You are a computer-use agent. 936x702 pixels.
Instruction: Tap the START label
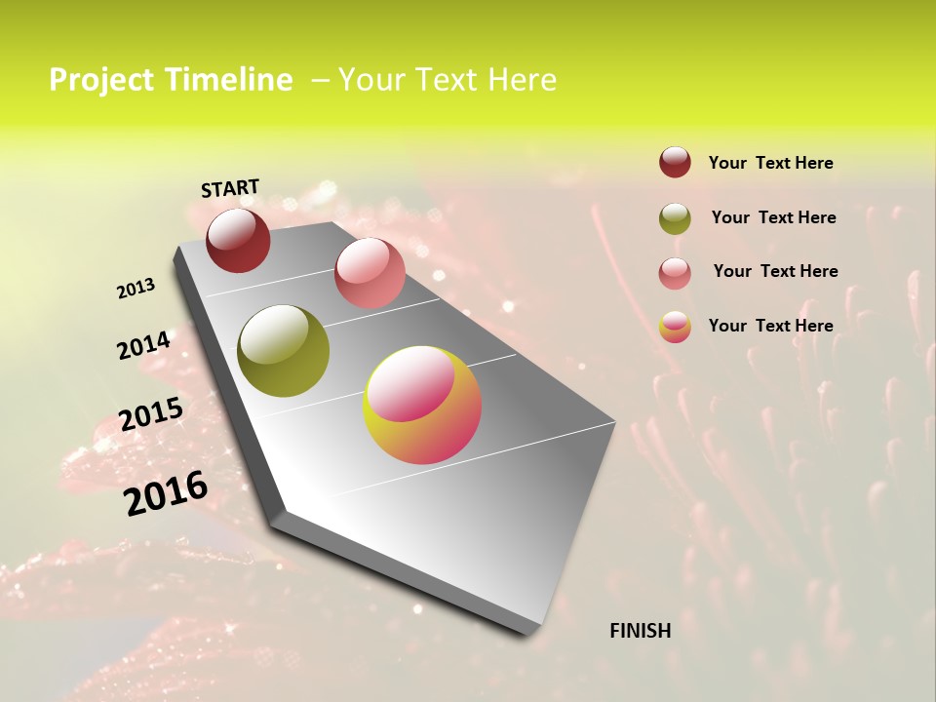tap(230, 188)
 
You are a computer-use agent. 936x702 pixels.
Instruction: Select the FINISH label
tap(641, 631)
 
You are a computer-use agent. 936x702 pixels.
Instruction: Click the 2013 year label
tap(136, 288)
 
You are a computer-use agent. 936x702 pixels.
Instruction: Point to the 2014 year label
tap(144, 345)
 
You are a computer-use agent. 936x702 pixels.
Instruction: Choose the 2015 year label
tap(151, 414)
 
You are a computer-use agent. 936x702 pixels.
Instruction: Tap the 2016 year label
tap(166, 492)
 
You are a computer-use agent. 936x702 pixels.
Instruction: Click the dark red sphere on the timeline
tap(238, 240)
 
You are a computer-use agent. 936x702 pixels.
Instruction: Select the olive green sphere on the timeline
tap(283, 351)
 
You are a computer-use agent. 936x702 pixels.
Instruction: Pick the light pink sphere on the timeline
tap(370, 273)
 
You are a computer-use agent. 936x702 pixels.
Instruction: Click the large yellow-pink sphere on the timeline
tap(422, 405)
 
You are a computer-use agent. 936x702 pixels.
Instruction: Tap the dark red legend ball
tap(675, 162)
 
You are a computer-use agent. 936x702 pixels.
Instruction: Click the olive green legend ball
tap(675, 218)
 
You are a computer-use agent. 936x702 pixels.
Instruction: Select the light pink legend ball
tap(675, 273)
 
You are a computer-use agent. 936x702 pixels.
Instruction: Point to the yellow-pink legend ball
tap(675, 327)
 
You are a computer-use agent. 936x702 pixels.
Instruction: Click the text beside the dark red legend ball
tap(770, 163)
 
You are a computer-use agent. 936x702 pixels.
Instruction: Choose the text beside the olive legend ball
tap(773, 217)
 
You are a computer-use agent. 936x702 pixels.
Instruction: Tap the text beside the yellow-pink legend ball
tap(770, 326)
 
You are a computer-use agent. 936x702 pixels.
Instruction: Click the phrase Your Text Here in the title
tap(448, 80)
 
